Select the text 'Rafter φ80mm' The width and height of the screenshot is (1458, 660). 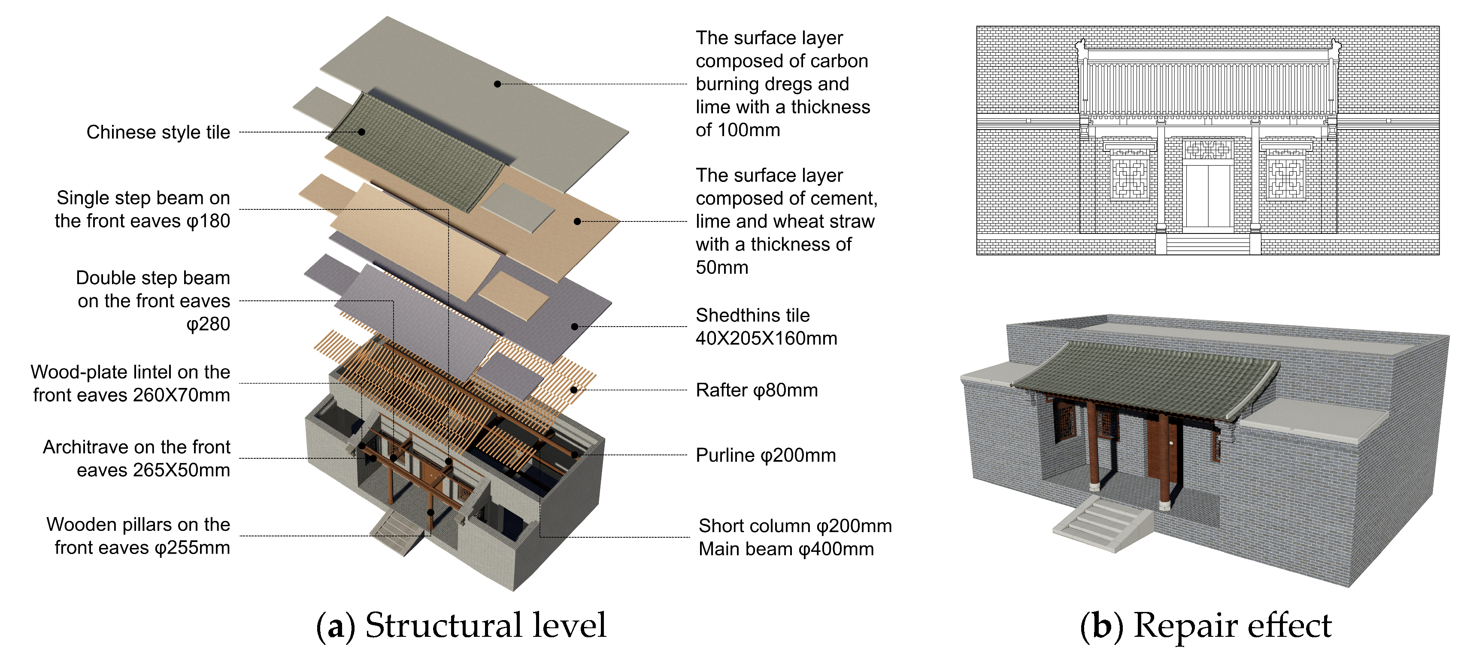pos(756,390)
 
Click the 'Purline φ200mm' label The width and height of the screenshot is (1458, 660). pos(765,455)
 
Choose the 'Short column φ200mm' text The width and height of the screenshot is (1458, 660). pos(794,526)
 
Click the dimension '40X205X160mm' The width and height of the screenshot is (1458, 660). pos(766,339)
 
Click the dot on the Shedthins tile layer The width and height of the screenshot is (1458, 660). pos(574,327)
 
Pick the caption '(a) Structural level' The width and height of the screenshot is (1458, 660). pos(461,626)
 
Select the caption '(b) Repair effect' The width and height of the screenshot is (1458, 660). pos(1206,626)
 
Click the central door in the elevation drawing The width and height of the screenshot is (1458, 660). pos(1208,195)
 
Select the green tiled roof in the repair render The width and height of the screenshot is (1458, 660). pos(1143,379)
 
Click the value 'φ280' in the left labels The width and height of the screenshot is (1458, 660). pos(208,324)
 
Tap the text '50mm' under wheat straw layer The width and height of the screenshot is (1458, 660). pos(721,268)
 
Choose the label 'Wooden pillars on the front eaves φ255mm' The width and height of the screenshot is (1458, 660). pos(138,536)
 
